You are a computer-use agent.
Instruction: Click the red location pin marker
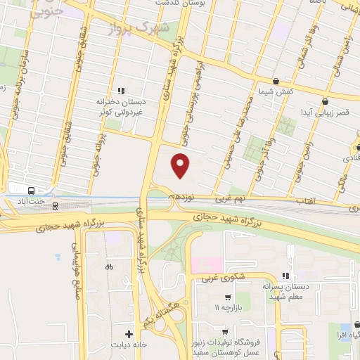(181, 165)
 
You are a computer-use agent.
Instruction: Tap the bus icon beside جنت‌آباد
(31, 191)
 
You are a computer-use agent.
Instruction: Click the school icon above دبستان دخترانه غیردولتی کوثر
(122, 90)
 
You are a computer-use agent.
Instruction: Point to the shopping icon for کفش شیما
(274, 81)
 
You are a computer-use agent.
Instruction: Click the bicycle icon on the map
(108, 266)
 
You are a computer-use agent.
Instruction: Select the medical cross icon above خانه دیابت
(129, 333)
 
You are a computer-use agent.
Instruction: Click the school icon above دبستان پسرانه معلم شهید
(285, 276)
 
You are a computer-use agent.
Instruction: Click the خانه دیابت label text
(129, 346)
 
